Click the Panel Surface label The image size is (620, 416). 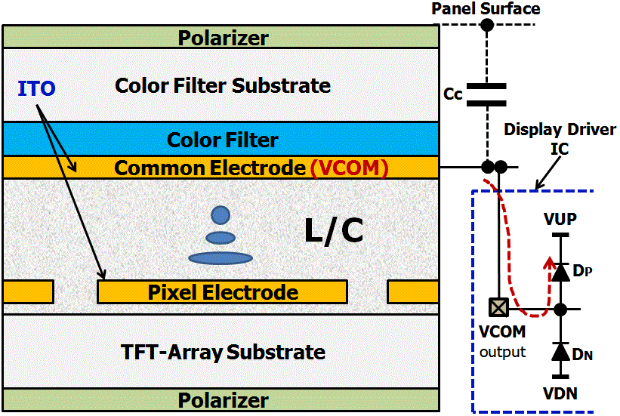(x=486, y=9)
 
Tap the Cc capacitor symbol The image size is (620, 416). (x=487, y=94)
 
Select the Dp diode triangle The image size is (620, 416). (x=560, y=272)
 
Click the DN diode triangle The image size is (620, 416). (x=560, y=351)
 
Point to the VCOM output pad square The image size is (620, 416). (x=499, y=309)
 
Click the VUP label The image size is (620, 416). (x=560, y=220)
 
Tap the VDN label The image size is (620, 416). (x=560, y=393)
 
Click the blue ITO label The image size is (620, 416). (x=36, y=89)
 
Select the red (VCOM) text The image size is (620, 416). (x=348, y=168)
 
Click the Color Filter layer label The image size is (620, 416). (x=222, y=140)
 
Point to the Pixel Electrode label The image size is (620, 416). (x=223, y=292)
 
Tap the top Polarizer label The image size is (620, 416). (x=223, y=37)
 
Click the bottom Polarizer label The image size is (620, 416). (x=223, y=399)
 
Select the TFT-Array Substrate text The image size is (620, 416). (x=224, y=352)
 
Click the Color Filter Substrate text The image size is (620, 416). (x=223, y=85)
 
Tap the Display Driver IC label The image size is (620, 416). (x=560, y=139)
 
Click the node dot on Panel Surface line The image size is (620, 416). (x=487, y=25)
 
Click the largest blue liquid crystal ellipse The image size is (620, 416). (x=220, y=258)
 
